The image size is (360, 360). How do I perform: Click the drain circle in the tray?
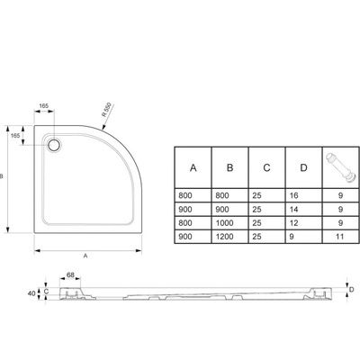54,145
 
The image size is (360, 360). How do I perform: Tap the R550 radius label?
106,110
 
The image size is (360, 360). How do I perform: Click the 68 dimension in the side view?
70,274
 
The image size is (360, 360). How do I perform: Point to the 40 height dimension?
31,293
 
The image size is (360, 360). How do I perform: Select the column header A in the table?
193,167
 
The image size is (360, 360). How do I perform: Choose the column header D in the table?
303,167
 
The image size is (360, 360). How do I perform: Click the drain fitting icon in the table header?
340,167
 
